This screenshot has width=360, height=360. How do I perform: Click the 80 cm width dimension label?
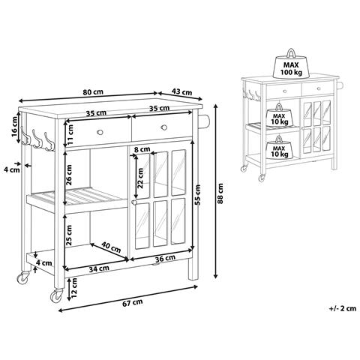tap(93, 91)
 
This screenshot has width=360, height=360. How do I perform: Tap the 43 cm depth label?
tap(181, 91)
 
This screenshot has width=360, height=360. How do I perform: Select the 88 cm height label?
tap(220, 193)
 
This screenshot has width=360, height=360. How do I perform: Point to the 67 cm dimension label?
tap(133, 302)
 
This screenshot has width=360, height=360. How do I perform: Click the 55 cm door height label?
tap(198, 195)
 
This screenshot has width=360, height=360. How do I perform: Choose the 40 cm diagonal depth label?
tap(111, 247)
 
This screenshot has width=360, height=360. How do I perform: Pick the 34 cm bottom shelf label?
tap(99, 268)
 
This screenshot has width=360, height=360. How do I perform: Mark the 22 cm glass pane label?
tap(140, 178)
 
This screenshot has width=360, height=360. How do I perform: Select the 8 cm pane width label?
tap(142, 149)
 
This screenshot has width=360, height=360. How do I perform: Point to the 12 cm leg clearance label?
tap(74, 287)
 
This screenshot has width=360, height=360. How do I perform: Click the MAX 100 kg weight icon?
tap(291, 64)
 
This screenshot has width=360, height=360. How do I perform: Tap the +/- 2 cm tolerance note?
tap(342, 308)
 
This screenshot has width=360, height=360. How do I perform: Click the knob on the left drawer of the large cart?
tap(100, 132)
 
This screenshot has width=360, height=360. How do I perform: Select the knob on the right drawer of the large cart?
tap(164, 127)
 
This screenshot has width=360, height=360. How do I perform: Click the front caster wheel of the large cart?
tap(57, 296)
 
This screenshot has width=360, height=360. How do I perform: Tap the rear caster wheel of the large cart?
tap(23, 277)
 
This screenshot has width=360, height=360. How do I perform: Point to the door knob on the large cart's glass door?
tap(134, 202)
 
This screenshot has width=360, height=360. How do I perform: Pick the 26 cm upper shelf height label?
tap(69, 175)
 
